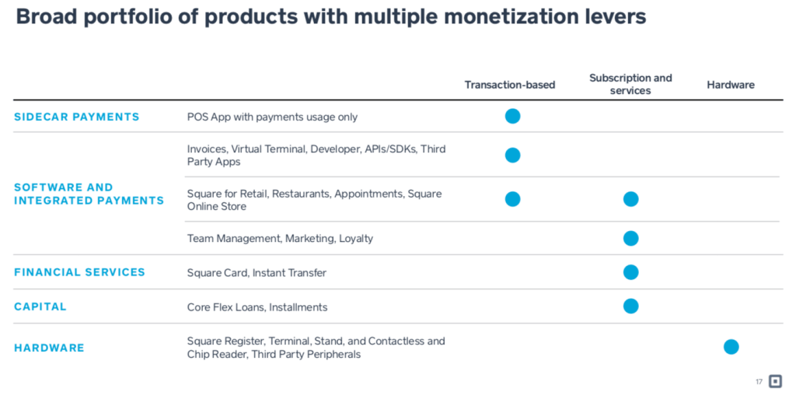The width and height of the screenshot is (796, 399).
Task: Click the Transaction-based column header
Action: [510, 85]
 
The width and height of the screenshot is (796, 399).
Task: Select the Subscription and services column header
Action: [630, 84]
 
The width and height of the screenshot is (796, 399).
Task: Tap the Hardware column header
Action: [731, 85]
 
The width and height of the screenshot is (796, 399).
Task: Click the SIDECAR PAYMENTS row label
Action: [77, 117]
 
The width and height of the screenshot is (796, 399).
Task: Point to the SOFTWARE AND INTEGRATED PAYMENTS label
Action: [89, 194]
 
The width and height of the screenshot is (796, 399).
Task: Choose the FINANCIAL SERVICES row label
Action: [79, 272]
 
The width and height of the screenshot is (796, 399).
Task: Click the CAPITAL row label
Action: [40, 306]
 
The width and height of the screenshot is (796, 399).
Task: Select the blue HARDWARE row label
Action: [49, 348]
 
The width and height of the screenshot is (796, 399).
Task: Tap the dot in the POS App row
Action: [512, 117]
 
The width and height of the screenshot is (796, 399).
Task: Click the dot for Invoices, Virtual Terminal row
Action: [512, 156]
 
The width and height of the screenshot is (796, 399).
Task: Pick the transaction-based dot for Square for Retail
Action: [512, 199]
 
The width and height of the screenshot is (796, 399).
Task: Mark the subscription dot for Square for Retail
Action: [631, 199]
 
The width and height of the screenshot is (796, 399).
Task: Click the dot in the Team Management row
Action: [631, 238]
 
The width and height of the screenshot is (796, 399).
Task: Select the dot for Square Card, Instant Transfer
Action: [631, 272]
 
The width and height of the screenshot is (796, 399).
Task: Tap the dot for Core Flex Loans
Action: [631, 306]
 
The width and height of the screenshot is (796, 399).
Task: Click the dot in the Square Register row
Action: [731, 347]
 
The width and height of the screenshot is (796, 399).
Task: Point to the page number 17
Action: [759, 382]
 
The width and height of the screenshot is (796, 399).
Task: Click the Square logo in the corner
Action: [775, 381]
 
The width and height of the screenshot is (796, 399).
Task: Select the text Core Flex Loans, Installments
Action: [257, 307]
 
